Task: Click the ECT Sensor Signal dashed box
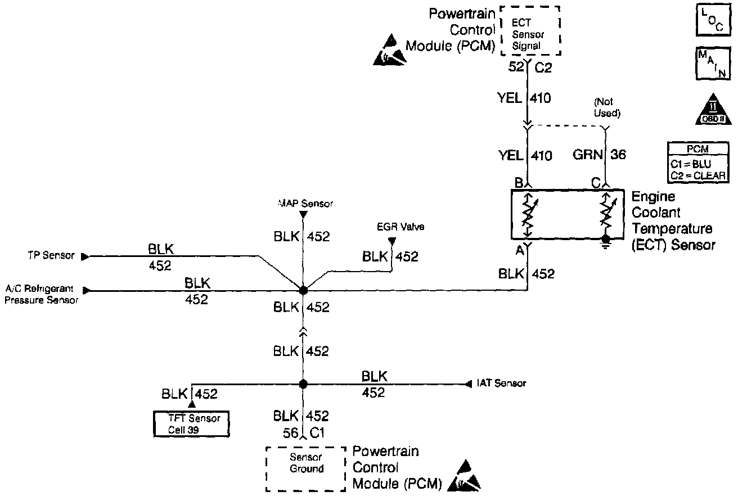[529, 30]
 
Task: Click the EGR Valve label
[393, 227]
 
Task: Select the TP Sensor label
[51, 256]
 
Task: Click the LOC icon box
[711, 23]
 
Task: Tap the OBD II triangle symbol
[712, 109]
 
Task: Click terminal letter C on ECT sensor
[595, 183]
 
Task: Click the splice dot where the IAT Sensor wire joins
[303, 384]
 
